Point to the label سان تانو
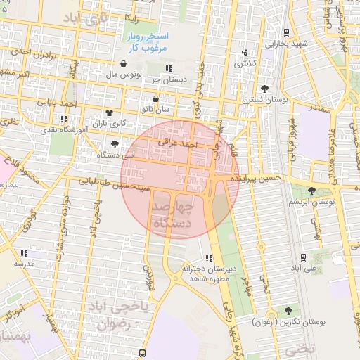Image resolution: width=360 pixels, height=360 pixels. click(155, 110)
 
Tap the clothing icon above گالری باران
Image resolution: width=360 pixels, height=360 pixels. click(109, 112)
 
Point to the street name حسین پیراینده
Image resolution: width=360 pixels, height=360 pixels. click(259, 179)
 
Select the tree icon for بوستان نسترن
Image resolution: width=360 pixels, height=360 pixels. click(264, 89)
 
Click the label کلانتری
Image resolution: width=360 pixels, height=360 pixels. click(245, 64)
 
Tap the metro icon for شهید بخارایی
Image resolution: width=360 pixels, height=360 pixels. click(287, 32)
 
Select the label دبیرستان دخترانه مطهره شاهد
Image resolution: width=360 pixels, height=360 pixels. click(207, 274)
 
